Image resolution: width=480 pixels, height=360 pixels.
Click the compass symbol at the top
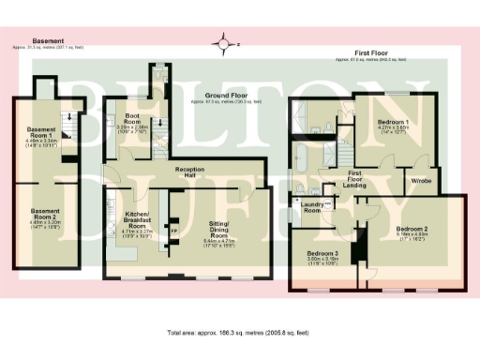pyautogui.click(x=224, y=43)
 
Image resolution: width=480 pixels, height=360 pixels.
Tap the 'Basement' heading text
pyautogui.click(x=48, y=41)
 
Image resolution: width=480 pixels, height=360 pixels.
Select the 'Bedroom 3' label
pyautogui.click(x=323, y=252)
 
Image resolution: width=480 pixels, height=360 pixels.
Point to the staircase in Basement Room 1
pyautogui.click(x=67, y=118)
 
